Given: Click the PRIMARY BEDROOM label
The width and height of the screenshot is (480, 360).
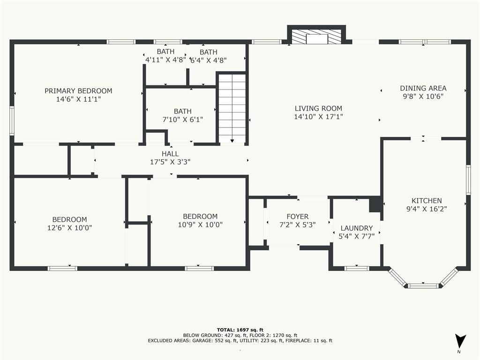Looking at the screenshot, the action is click(x=78, y=91).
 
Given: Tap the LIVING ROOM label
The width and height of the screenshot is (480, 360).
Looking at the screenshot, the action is click(x=318, y=108).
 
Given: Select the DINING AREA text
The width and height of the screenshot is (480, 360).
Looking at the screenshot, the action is click(x=423, y=88).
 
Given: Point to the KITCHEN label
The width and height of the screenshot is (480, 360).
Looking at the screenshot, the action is click(x=427, y=201).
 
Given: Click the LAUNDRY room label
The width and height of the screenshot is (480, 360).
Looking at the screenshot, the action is click(x=357, y=228).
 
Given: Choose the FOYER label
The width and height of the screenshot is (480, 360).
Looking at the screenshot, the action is click(x=298, y=217).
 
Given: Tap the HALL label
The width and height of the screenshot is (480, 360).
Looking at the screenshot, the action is click(x=170, y=154).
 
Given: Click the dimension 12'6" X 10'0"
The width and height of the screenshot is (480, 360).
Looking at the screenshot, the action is click(x=69, y=228).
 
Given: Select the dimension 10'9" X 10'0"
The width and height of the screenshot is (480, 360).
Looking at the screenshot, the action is click(x=200, y=225).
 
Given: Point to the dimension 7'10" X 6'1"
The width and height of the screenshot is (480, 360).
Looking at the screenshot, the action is click(x=183, y=120).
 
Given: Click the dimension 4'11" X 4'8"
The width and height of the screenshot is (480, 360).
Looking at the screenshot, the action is click(x=165, y=60).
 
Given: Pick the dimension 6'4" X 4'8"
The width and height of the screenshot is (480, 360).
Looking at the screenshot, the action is click(x=209, y=60).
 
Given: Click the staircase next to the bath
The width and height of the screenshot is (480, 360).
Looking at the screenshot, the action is click(x=232, y=108).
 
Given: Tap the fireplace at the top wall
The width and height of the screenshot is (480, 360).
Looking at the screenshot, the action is click(x=316, y=37).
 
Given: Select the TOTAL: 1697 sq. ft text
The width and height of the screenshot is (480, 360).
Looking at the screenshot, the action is click(x=240, y=330).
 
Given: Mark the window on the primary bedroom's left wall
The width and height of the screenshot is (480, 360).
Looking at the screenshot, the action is click(x=12, y=120).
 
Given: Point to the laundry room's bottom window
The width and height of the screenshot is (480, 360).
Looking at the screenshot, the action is click(x=357, y=269).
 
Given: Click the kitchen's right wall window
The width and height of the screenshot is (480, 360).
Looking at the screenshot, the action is click(x=468, y=180).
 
